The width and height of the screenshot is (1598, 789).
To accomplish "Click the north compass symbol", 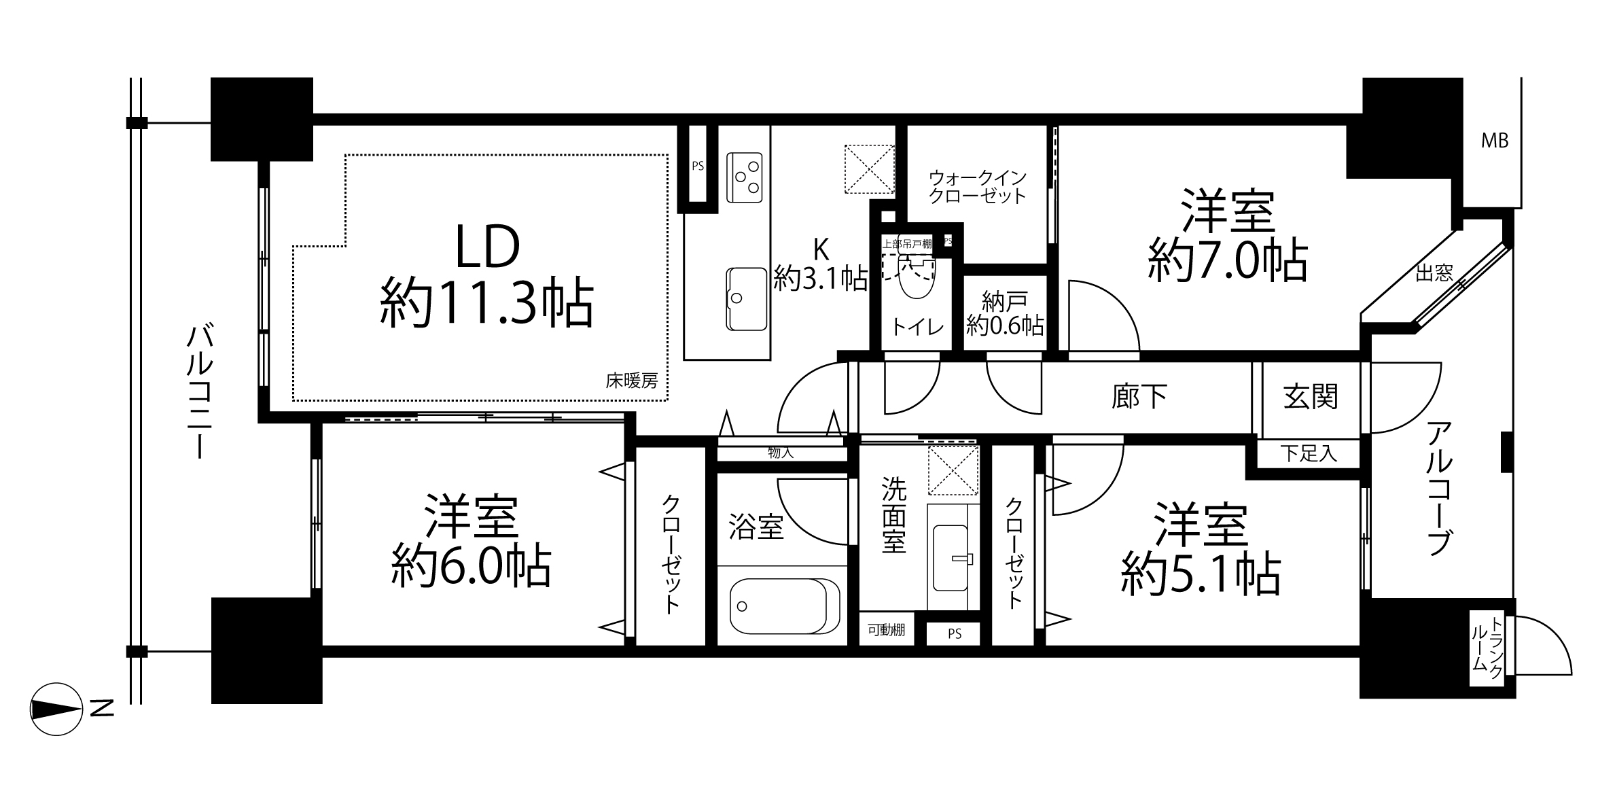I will click(57, 708).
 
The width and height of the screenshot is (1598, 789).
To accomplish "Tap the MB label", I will click(1495, 141).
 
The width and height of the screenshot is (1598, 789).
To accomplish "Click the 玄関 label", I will click(1311, 396).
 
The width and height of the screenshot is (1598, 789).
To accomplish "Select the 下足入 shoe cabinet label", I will click(1309, 453).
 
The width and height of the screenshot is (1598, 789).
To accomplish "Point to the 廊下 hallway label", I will click(1139, 396).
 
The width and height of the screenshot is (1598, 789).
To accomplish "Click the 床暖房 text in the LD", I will click(632, 381).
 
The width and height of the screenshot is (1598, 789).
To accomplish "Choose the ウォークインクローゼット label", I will click(977, 187).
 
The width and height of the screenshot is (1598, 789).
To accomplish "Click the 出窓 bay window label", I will click(1434, 273).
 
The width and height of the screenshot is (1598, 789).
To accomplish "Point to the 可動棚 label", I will click(886, 630).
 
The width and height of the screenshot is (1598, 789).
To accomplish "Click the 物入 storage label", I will click(781, 452).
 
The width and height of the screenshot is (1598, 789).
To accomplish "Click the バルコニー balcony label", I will click(200, 392).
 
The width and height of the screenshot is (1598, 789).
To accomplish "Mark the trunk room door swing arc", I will click(1549, 642).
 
